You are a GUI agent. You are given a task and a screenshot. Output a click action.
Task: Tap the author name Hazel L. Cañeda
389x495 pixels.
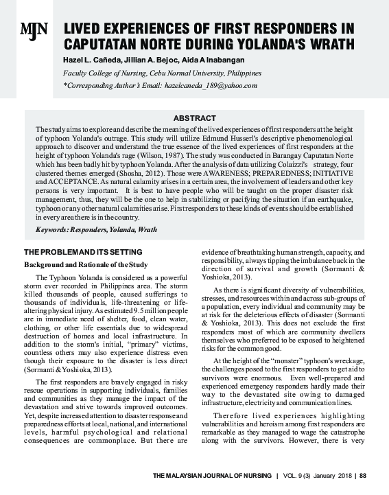click(89, 60)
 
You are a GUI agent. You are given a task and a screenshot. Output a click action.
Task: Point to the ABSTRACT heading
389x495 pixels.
click(195, 118)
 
